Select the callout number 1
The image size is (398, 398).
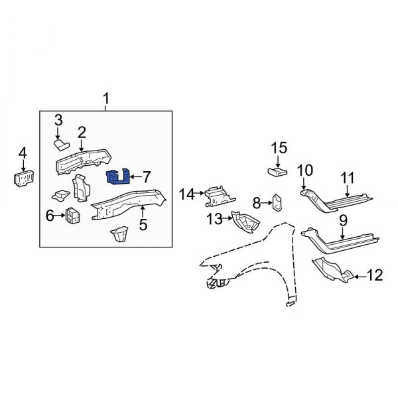(105, 99)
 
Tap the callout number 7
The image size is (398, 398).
(146, 176)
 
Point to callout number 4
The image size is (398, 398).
(23, 155)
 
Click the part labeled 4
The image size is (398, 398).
(24, 178)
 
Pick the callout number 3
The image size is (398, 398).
(58, 120)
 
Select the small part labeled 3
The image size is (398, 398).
(61, 142)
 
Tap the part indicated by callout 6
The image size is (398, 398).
(73, 216)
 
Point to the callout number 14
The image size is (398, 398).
(186, 194)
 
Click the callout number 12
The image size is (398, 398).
(375, 275)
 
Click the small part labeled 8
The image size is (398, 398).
(277, 201)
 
